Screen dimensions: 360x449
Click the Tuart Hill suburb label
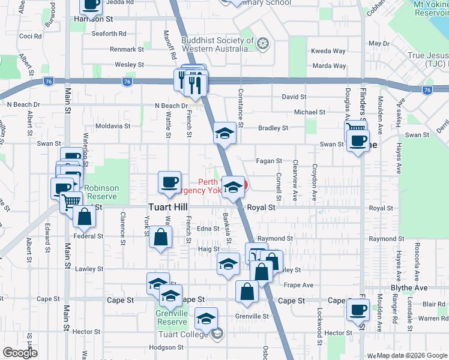click(x=170, y=207)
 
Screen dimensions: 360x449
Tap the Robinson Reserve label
click(x=101, y=192)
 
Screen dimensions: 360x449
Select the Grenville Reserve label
click(x=173, y=317)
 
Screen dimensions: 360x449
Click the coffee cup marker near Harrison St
click(x=91, y=5)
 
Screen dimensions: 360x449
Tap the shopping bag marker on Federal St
click(x=85, y=218)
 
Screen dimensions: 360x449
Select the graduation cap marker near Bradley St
click(x=225, y=134)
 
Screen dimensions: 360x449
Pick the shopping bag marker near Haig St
click(x=161, y=238)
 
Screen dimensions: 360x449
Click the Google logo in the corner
click(x=20, y=353)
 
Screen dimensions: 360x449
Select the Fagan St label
click(x=270, y=161)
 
